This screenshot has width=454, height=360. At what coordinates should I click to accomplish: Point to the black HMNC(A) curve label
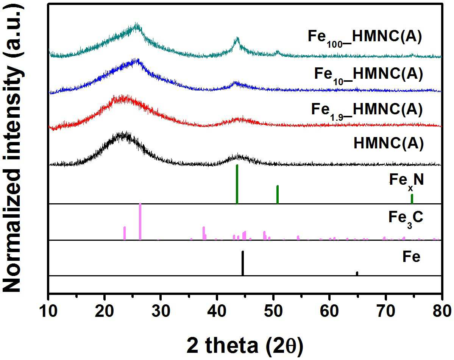click(x=388, y=143)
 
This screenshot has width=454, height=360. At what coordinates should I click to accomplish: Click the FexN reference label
click(x=406, y=181)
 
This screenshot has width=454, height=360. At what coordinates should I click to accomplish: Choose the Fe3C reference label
click(x=406, y=218)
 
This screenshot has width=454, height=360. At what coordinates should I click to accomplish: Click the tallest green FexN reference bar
click(x=237, y=184)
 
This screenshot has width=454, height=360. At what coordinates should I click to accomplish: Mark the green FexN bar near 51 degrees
click(x=278, y=195)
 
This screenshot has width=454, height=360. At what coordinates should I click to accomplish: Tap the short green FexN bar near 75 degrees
click(x=412, y=199)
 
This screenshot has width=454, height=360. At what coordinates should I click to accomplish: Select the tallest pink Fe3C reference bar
click(x=140, y=221)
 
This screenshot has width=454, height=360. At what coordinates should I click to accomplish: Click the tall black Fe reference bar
click(x=243, y=263)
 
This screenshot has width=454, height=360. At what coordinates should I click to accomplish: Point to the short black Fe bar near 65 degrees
click(x=357, y=273)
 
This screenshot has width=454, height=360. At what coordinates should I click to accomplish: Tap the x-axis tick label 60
click(x=329, y=311)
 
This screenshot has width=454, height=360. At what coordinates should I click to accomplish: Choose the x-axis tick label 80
click(x=442, y=311)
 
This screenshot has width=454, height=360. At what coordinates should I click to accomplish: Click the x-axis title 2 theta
click(x=245, y=346)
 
